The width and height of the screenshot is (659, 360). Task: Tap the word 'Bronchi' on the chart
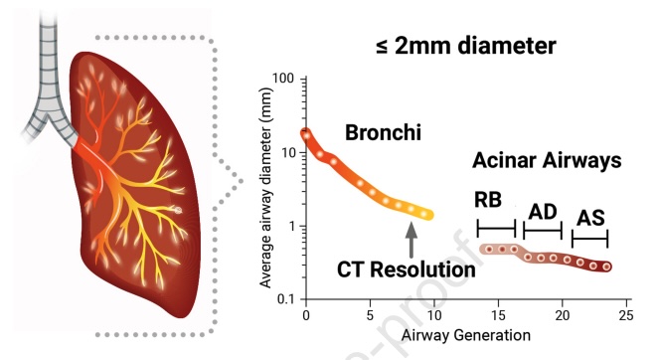click(383, 132)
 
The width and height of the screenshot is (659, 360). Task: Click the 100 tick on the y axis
click(285, 79)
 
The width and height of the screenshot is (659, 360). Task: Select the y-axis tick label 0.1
click(286, 299)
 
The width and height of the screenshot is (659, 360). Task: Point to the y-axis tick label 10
click(289, 152)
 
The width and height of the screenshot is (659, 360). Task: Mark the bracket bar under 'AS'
click(589, 239)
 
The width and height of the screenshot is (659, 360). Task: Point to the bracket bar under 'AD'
click(543, 232)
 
